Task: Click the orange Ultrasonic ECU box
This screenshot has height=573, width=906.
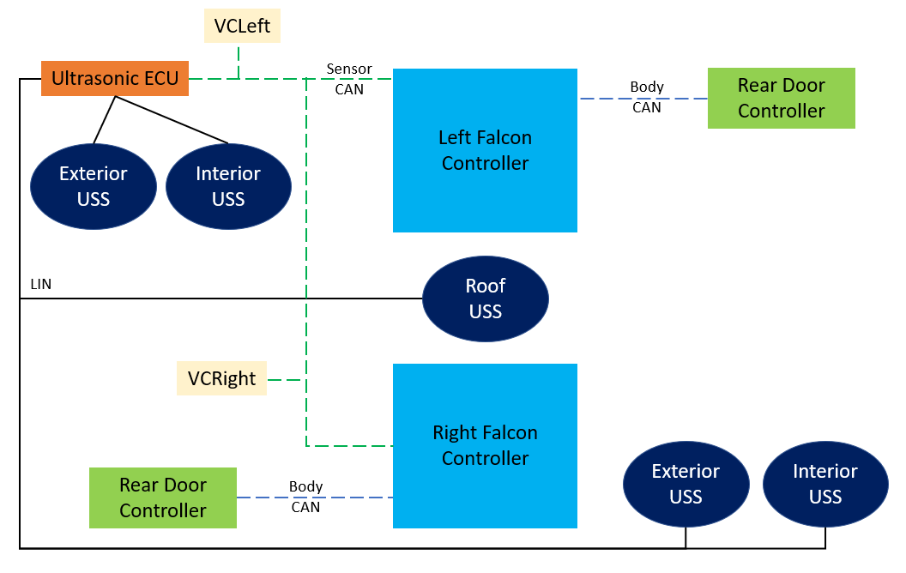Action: click(114, 79)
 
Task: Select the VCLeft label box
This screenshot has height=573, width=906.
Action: click(242, 26)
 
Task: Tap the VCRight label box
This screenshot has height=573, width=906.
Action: click(222, 378)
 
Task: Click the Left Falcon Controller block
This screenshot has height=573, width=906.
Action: click(485, 150)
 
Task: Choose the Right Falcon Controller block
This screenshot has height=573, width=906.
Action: click(485, 445)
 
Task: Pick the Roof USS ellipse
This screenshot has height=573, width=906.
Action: click(485, 299)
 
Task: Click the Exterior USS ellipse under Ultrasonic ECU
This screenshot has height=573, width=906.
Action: click(93, 186)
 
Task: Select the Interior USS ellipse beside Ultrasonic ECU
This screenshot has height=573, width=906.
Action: click(228, 186)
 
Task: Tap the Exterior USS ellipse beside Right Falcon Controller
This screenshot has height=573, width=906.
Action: click(686, 484)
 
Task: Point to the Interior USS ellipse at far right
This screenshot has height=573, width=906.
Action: click(824, 484)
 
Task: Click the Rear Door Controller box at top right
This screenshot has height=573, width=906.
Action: click(781, 98)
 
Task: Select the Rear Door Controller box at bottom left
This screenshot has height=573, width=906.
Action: click(163, 498)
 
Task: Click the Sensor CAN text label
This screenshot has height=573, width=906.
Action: click(349, 78)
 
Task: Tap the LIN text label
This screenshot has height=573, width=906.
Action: click(40, 284)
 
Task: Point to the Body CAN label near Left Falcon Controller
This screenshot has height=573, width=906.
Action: click(647, 97)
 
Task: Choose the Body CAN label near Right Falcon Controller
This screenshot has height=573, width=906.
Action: click(305, 497)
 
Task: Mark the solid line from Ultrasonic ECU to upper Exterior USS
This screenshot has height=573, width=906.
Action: click(105, 119)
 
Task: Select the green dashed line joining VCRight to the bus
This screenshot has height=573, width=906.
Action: click(287, 379)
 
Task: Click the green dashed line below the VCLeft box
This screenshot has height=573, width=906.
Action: click(239, 61)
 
